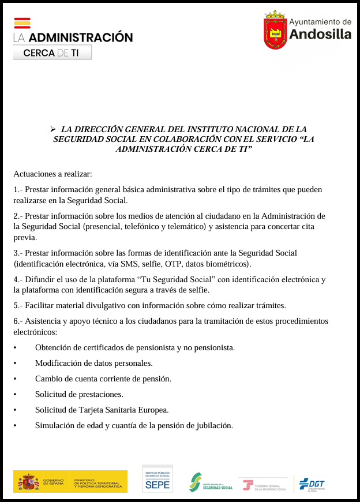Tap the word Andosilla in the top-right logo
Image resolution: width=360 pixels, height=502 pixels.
(x=320, y=35)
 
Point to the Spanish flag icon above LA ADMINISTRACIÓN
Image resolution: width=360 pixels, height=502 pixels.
(x=22, y=23)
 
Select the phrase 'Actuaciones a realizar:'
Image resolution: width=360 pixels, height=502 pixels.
(x=52, y=174)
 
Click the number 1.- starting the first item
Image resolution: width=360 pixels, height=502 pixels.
(x=18, y=190)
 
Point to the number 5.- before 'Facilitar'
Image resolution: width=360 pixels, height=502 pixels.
(x=18, y=305)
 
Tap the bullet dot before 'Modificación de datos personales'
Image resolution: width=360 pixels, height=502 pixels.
(x=16, y=364)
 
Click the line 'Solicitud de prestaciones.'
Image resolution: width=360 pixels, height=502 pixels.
(x=79, y=395)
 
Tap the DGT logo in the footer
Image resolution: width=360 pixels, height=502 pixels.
(x=312, y=484)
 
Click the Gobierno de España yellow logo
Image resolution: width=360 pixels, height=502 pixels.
(x=70, y=482)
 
